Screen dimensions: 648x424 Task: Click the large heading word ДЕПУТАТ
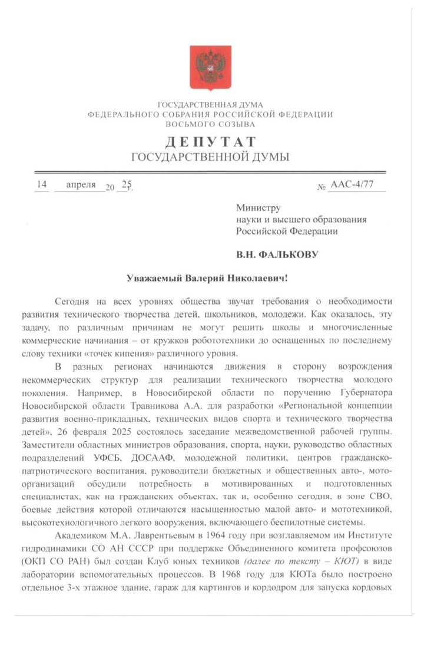(x=210, y=142)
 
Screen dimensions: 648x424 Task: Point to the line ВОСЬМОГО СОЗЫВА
(x=210, y=125)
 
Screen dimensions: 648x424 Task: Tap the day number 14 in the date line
(x=41, y=184)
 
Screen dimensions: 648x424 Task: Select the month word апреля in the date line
(x=81, y=184)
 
